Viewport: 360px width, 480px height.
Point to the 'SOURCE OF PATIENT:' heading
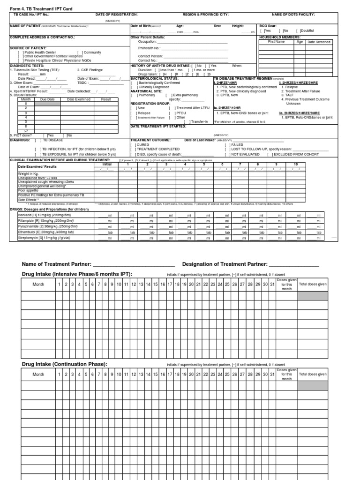point(28,48)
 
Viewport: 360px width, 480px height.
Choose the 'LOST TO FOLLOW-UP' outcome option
point(249,150)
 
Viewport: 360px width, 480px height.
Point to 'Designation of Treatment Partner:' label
point(225,264)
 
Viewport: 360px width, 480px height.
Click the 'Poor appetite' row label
point(29,191)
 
